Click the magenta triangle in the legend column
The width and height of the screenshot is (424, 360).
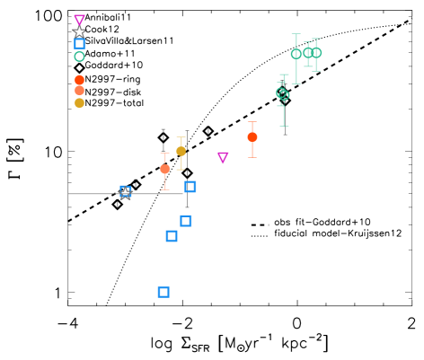coord(80,20)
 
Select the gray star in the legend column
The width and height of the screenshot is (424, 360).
coord(79,31)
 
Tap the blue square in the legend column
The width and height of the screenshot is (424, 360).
coord(80,43)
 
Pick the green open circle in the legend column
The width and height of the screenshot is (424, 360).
coord(80,57)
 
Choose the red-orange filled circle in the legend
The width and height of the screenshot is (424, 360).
coord(80,80)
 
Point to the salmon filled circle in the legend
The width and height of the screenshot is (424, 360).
coord(80,91)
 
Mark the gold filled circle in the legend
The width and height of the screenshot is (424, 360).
coord(80,102)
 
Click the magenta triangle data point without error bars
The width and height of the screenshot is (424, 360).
coord(223,157)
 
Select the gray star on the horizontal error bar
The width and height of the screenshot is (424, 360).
coord(125,193)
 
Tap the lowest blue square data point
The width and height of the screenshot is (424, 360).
coord(163,292)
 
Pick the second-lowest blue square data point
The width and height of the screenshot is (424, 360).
coord(172,236)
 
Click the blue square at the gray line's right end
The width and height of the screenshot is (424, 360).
coord(190,187)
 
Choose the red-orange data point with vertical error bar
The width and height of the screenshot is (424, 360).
coord(252,137)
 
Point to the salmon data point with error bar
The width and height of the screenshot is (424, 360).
coord(165,169)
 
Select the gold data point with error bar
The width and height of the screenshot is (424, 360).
coord(181,151)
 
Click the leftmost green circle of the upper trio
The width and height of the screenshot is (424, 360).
coord(296,54)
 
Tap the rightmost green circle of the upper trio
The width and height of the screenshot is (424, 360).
coord(316,53)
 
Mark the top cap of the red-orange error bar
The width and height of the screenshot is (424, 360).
coord(252,122)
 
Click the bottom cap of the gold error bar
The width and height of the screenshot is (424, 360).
coord(181,170)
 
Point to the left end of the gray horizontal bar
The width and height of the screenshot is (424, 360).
coord(69,194)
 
